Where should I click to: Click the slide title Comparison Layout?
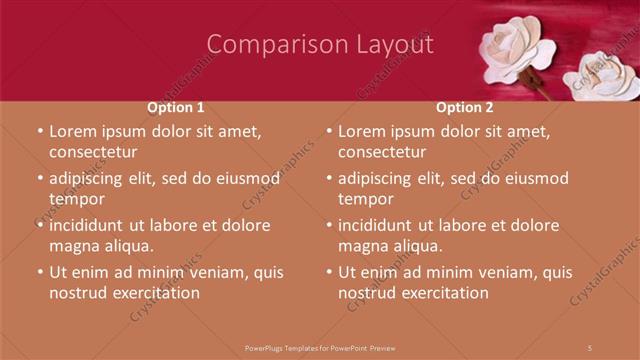pos(320,45)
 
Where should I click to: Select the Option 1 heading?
pos(176,107)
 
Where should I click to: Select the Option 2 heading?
pos(465,107)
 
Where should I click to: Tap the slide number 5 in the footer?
pos(590,347)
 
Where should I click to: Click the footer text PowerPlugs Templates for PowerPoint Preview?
pos(320,347)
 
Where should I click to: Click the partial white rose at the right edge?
pos(605,75)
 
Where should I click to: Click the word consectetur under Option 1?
pos(92,152)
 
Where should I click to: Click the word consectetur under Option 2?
pos(381,152)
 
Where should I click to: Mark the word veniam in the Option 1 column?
pos(225,272)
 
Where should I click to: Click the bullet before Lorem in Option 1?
pos(39,132)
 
